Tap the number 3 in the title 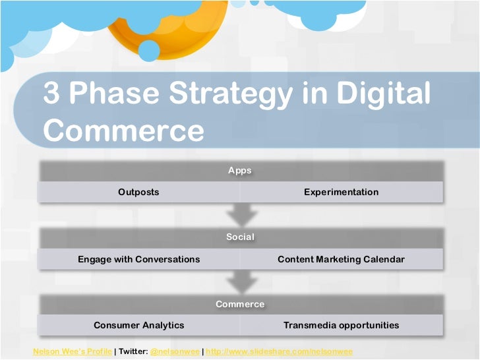tap(52, 94)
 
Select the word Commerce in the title tap(124, 130)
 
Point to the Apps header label tap(240, 170)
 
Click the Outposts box tap(138, 192)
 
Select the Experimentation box tap(341, 192)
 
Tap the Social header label tap(240, 237)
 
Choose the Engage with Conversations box tap(138, 259)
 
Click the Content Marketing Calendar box tap(341, 259)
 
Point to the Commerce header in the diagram tap(240, 304)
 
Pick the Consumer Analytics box tap(138, 325)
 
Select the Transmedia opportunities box tap(341, 325)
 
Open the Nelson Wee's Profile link tap(73, 351)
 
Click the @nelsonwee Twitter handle tap(174, 351)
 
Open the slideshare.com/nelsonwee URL tap(279, 351)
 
